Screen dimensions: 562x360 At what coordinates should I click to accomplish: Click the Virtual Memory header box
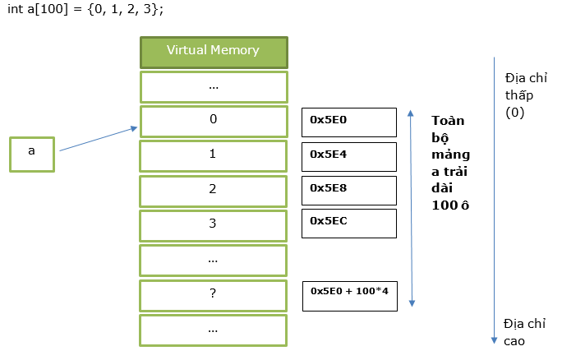tap(214, 53)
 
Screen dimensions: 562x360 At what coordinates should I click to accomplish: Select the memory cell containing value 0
tap(214, 122)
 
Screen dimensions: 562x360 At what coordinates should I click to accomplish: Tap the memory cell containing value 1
tap(214, 156)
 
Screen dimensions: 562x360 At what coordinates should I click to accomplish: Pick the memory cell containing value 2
tap(214, 192)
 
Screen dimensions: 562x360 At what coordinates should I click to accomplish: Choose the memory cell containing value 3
tap(214, 226)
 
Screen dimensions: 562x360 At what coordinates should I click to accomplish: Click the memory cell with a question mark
tap(214, 296)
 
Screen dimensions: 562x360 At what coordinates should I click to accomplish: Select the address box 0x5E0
tap(349, 122)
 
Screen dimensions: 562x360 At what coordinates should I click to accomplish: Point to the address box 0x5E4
tap(349, 157)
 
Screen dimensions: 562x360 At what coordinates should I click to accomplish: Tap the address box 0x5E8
tap(349, 191)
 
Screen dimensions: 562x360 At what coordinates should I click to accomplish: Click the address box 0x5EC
tap(349, 224)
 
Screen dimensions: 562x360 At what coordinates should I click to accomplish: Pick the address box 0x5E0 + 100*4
tap(350, 296)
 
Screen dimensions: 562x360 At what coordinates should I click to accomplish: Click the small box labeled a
tap(32, 155)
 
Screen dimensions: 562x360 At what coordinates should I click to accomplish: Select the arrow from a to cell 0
tap(99, 139)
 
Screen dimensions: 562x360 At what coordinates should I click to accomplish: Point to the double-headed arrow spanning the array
tap(412, 208)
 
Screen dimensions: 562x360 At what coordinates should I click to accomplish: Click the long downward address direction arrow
tap(495, 200)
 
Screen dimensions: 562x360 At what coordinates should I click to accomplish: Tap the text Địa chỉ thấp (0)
tap(526, 95)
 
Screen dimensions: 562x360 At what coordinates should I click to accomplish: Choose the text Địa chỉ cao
tap(525, 332)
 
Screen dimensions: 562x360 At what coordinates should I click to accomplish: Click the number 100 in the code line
tap(52, 8)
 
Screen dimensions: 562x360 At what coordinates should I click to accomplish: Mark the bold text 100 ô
tap(450, 205)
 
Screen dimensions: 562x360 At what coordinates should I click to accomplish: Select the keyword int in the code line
tap(16, 8)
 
